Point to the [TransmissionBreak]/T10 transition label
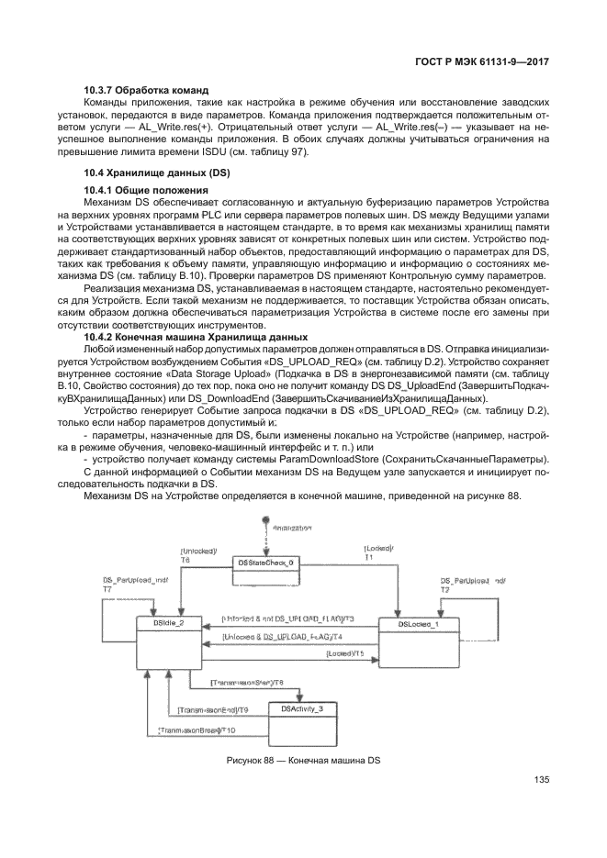click(x=197, y=730)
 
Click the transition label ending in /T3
click(x=275, y=618)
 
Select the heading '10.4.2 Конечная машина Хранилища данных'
click(x=191, y=337)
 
